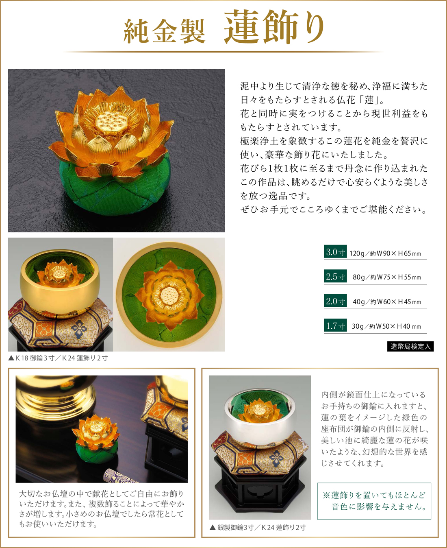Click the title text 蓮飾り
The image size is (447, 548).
[274, 27]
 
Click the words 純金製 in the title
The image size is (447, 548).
[165, 31]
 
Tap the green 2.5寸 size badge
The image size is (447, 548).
[335, 276]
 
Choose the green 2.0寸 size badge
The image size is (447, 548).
[335, 301]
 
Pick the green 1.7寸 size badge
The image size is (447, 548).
[335, 325]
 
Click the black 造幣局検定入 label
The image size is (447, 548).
[410, 346]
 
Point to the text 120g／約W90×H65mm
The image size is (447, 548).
[385, 253]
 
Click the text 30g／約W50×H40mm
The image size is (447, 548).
[386, 326]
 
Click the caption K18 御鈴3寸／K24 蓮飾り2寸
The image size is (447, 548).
[58, 358]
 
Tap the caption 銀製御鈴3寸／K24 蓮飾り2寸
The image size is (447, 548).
[258, 528]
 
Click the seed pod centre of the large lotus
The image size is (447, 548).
[111, 122]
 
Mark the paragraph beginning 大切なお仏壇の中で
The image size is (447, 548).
[102, 509]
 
